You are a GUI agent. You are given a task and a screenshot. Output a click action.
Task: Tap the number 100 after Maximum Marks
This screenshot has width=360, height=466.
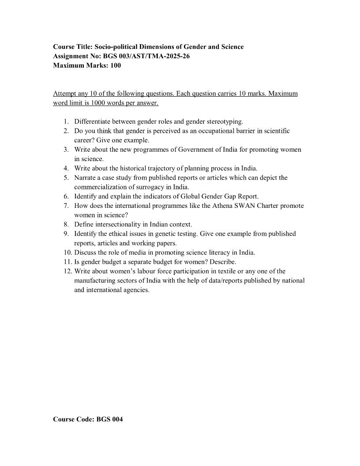115,66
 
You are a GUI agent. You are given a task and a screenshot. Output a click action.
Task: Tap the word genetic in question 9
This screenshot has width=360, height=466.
165,233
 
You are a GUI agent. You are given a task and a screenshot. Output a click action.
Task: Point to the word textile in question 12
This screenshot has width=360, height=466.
227,271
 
